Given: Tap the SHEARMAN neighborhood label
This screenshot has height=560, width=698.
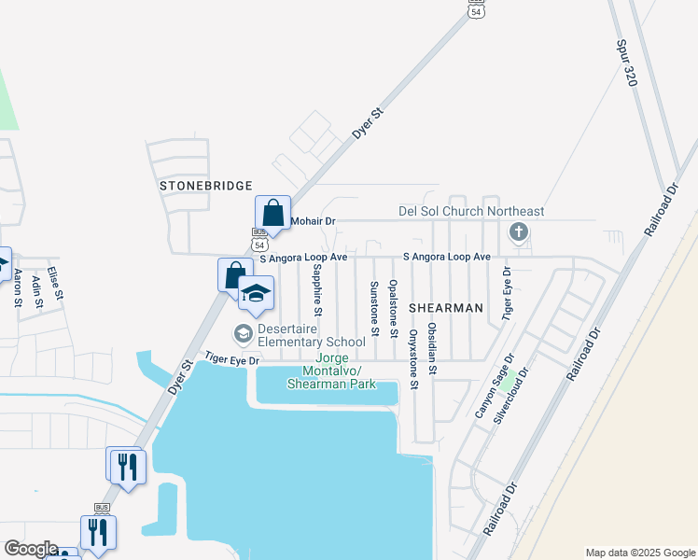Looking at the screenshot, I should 446,307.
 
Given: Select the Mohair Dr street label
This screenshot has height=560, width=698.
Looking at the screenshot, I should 313,221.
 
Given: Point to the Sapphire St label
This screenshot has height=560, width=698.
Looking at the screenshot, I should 317,288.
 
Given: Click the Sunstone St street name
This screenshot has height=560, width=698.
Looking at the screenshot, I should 374,308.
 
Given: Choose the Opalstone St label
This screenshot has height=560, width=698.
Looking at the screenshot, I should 394,309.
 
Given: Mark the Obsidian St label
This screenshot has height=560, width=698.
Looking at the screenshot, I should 432,349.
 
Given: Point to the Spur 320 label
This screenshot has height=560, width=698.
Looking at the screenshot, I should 625,63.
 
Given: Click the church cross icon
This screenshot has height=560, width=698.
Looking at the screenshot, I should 520,231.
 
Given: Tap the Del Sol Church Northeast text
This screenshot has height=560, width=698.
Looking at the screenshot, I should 471,212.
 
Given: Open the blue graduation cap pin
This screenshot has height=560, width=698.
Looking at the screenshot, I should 256,295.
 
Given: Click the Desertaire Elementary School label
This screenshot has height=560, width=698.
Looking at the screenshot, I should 299,335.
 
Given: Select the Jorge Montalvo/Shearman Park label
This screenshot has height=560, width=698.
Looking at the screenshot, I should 331,371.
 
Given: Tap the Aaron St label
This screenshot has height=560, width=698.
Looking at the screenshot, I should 17,288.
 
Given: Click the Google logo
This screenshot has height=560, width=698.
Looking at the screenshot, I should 31,549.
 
